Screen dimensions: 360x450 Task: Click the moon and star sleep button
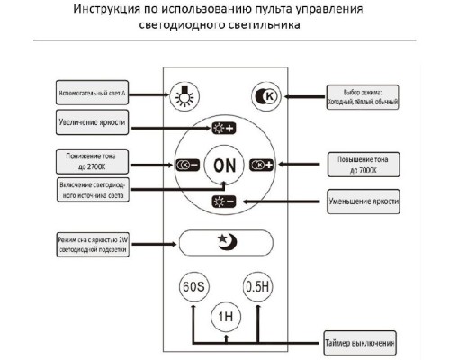223,242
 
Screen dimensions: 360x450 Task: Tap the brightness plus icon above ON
223,127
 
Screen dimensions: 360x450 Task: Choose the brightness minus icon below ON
223,201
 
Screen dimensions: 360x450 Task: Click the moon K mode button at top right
265,94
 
